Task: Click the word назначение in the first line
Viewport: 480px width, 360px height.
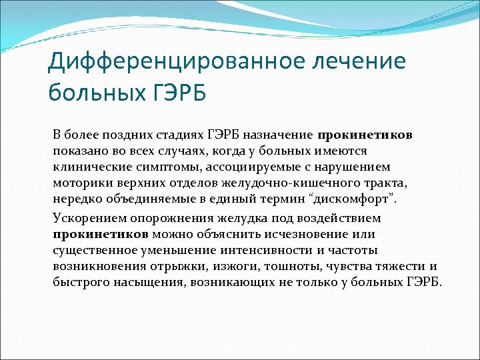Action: click(x=282, y=135)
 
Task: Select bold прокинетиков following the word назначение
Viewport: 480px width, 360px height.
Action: click(x=365, y=135)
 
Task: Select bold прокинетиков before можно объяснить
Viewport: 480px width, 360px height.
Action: click(x=101, y=234)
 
